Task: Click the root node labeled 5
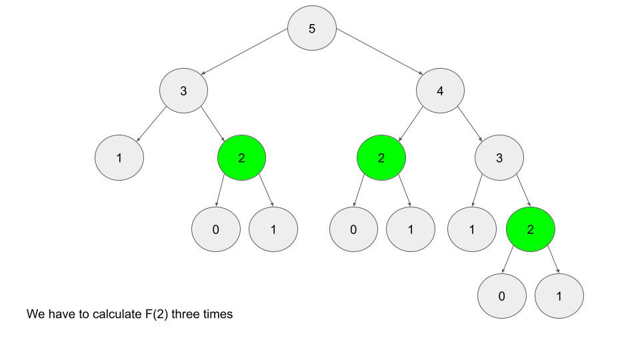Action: (x=312, y=29)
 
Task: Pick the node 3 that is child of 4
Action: (x=499, y=158)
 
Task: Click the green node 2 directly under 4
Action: (x=381, y=158)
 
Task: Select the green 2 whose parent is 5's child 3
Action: (x=241, y=158)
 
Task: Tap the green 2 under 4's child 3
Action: (x=531, y=229)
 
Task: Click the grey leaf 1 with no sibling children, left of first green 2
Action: (x=119, y=158)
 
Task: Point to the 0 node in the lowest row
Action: (x=502, y=295)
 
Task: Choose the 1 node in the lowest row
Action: (x=559, y=295)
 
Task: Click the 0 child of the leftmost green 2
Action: (x=215, y=229)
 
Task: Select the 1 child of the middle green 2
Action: (x=411, y=229)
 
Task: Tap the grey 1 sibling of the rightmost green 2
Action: (x=472, y=229)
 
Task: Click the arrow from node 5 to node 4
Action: (x=379, y=53)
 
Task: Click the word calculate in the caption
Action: (x=114, y=314)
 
